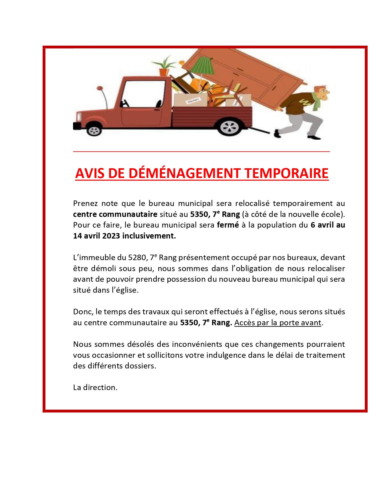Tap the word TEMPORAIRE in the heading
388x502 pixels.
286,173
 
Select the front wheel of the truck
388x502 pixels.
94,130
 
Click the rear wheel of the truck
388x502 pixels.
229,127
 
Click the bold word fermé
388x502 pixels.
228,225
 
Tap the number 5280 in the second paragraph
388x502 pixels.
137,258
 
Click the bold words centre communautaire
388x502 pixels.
115,214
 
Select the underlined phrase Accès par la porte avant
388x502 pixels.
278,323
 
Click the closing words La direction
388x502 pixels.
95,388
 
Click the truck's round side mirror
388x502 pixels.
100,89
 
